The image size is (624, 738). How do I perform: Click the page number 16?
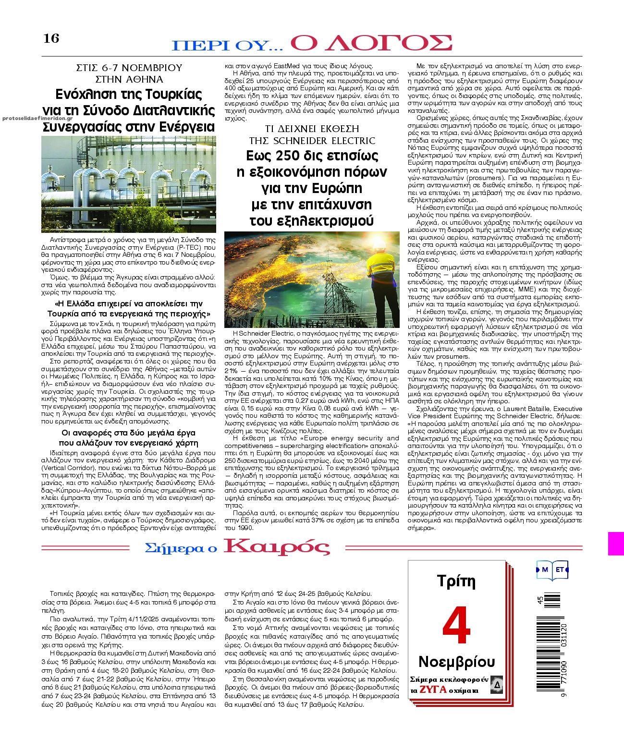coord(51,38)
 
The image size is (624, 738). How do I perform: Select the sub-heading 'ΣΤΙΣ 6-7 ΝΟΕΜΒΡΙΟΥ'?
coord(129,68)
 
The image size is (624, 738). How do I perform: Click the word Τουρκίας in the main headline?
coord(171,94)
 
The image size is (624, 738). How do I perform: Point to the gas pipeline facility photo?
coord(129,184)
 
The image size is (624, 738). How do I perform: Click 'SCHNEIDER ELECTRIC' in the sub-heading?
coord(324,141)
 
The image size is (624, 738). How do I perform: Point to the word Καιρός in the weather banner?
coord(277,547)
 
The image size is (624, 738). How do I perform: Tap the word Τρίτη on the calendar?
coord(456,581)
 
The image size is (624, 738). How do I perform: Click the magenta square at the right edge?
coord(616,544)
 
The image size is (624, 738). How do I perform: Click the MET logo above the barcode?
coord(552,570)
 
